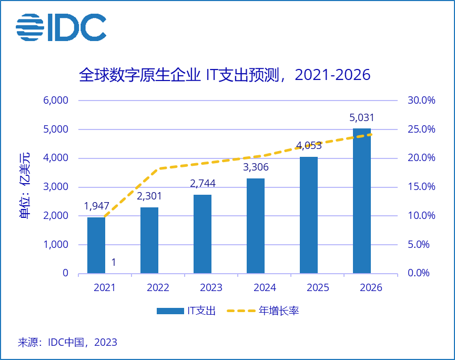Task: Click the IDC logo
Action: point(61,27)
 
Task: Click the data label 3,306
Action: point(256,168)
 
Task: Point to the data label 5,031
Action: point(362,118)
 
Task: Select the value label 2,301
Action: point(149,196)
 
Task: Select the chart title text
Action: point(225,75)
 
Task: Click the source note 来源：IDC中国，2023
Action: point(68,343)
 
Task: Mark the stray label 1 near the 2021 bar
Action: point(114,262)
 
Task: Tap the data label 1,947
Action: point(96,207)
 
